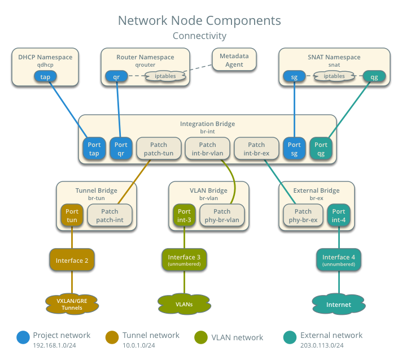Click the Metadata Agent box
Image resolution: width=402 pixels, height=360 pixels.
point(234,60)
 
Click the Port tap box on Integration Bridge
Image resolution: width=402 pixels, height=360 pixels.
point(94,149)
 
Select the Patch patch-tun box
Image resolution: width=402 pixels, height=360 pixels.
point(159,149)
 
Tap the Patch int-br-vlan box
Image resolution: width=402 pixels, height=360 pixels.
point(207,149)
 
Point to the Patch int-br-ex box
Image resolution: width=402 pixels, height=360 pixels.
point(256,149)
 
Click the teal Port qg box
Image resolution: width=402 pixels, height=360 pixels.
point(321,149)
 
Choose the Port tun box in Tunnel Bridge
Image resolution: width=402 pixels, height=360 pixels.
point(72,215)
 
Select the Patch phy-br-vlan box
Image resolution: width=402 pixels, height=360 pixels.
point(222,215)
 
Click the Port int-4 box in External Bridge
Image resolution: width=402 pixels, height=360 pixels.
point(339,215)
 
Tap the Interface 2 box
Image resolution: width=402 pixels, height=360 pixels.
point(72,261)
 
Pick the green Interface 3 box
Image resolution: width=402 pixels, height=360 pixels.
point(184,261)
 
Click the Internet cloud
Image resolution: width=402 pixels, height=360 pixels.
point(338,304)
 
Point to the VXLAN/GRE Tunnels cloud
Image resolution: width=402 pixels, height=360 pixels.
point(72,304)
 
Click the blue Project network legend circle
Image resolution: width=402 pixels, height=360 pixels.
point(23,337)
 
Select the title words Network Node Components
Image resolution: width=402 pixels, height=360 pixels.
point(199,21)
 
